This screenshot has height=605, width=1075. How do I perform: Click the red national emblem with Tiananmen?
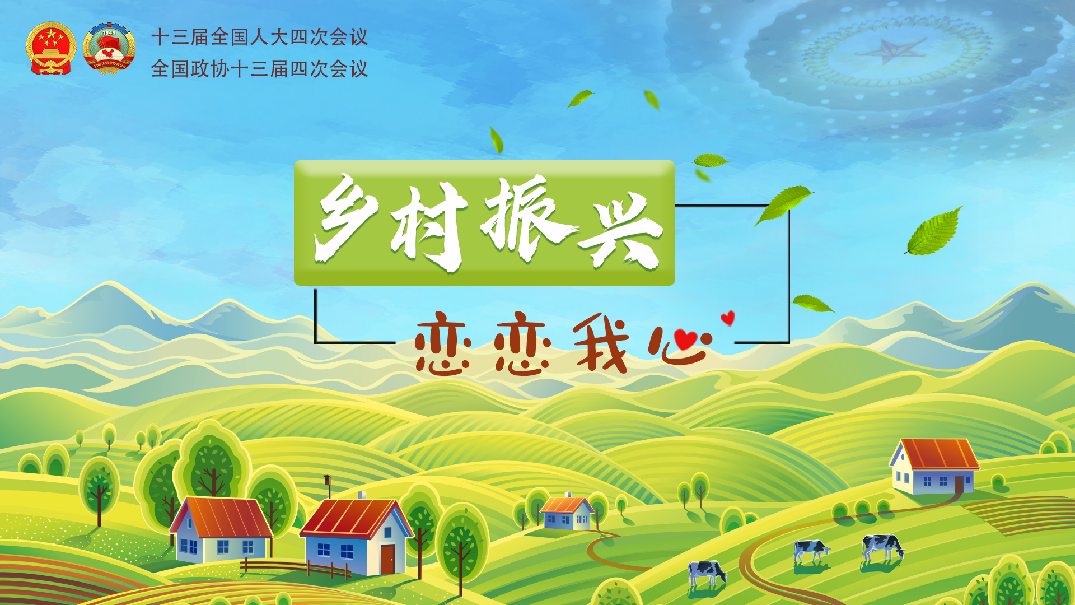click(50, 48)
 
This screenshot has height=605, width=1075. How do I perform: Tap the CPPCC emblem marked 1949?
click(109, 48)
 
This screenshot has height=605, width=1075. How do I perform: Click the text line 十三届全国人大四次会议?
click(260, 37)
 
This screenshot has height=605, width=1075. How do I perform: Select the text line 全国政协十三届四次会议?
click(260, 69)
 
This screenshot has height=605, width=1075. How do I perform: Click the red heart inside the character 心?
click(685, 339)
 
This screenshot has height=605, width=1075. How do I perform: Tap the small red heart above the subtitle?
click(728, 318)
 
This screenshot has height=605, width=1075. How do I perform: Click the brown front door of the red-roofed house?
click(387, 559)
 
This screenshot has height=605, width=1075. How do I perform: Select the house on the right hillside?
click(934, 466)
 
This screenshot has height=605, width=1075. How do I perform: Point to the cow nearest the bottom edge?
click(707, 573)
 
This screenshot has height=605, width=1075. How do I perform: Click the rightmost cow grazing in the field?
click(883, 548)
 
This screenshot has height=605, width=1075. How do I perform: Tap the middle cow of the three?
click(811, 551)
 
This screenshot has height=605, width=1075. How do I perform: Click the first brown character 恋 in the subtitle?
click(442, 343)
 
